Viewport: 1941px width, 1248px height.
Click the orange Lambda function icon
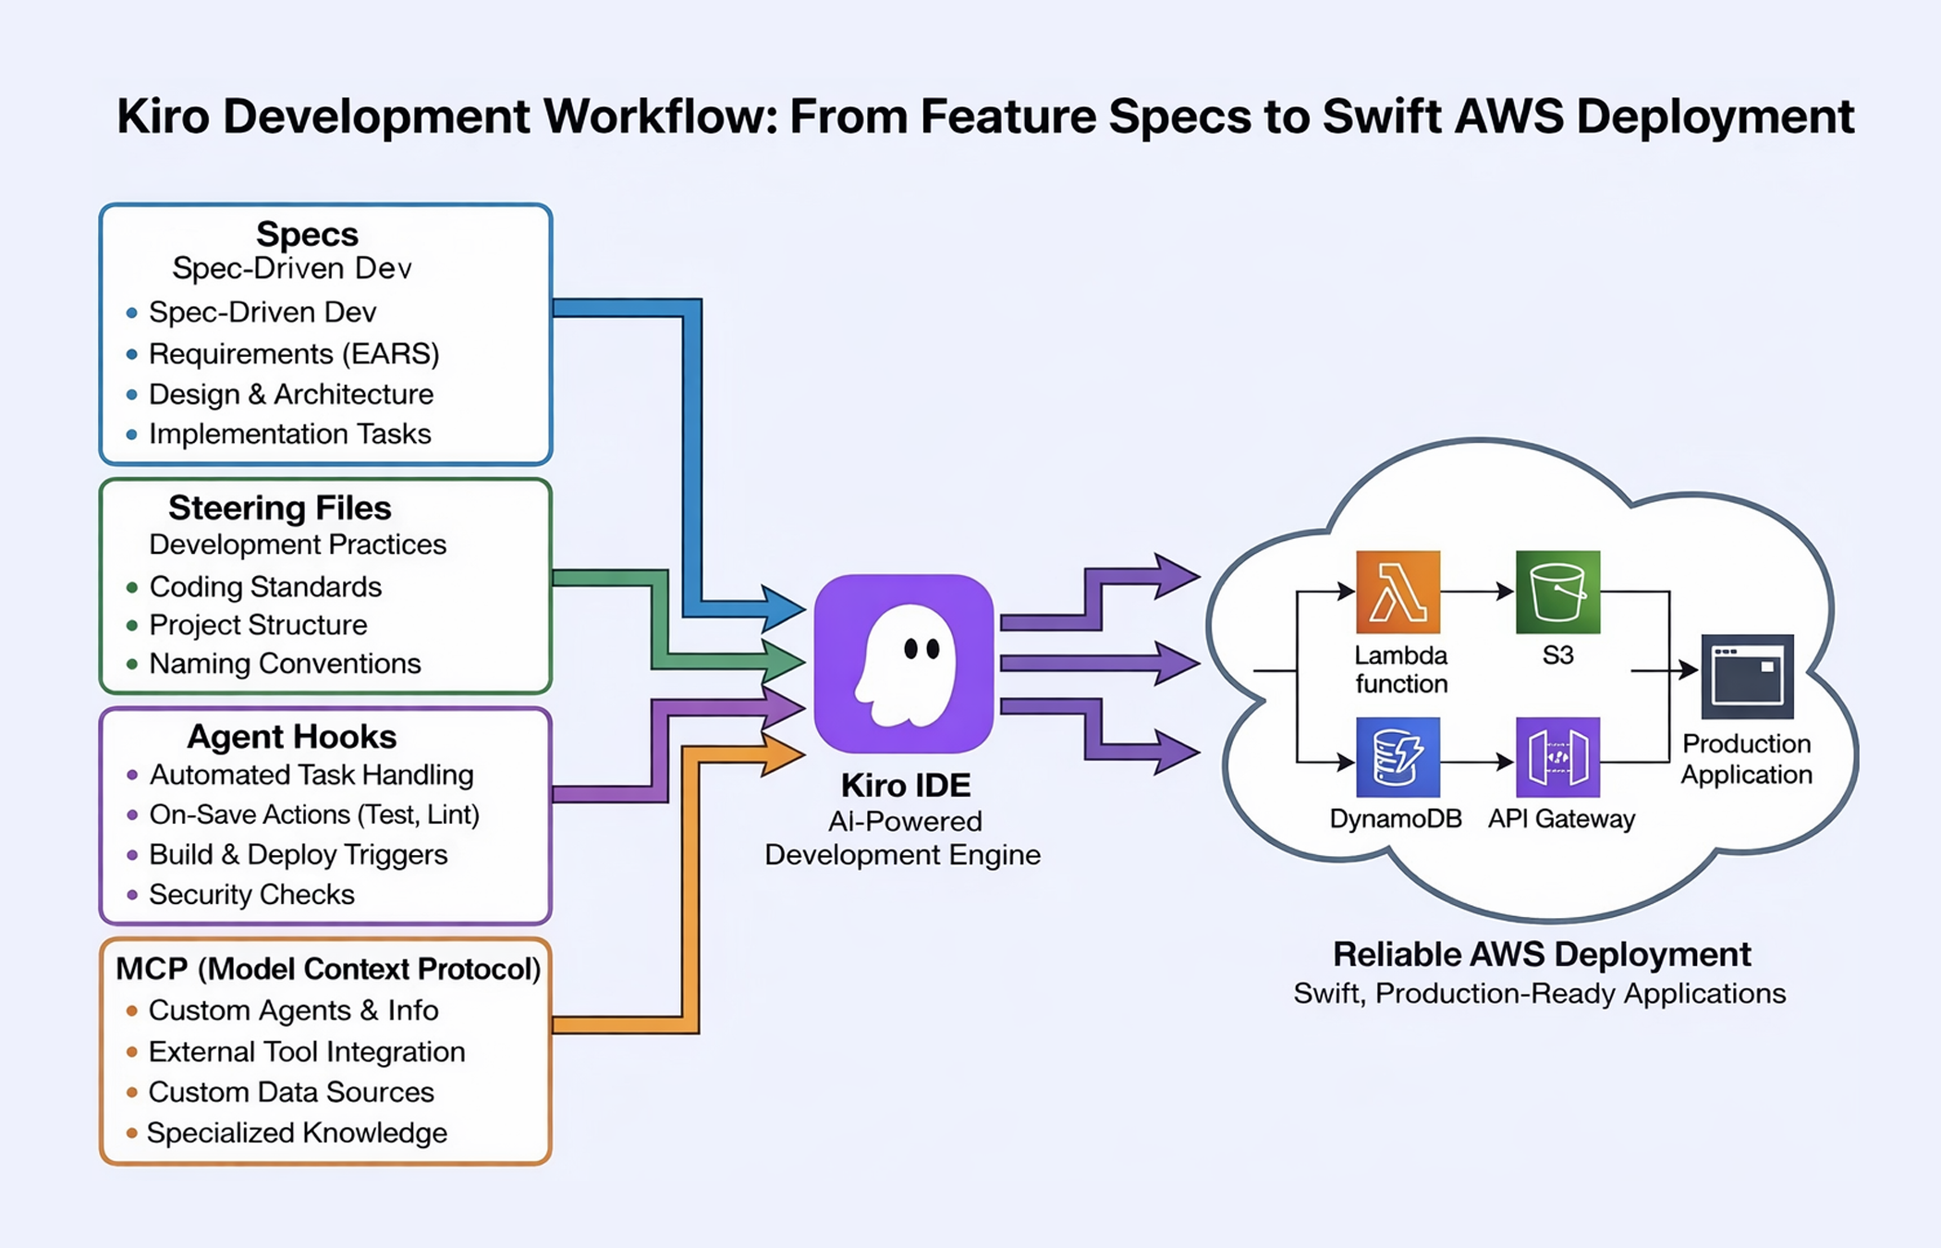[1398, 592]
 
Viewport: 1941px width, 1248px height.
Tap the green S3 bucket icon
[1557, 592]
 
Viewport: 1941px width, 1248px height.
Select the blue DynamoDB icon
[1398, 757]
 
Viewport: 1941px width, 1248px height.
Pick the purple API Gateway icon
[1557, 757]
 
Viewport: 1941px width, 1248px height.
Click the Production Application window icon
[1747, 676]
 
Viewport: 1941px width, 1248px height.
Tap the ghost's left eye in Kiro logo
[910, 649]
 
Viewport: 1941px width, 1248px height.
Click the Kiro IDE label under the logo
[905, 785]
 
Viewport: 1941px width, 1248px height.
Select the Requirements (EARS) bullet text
[293, 353]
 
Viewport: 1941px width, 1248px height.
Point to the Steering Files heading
[279, 508]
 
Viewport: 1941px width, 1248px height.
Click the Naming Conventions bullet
[285, 663]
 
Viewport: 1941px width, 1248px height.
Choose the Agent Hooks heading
[291, 736]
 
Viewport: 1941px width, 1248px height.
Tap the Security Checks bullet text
[251, 894]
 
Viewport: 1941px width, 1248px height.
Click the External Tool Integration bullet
[306, 1051]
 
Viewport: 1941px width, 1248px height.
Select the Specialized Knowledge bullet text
[297, 1132]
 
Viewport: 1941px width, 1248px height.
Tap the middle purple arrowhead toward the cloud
[1178, 663]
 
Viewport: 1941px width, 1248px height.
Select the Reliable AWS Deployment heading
[1541, 954]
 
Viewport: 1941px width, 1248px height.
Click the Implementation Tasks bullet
[289, 434]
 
